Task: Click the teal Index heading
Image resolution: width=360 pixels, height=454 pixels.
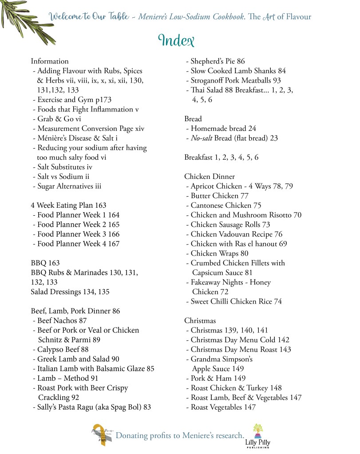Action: (176, 40)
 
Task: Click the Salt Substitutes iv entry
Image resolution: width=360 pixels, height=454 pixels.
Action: (63, 167)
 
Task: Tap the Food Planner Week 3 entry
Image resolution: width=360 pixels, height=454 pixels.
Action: (76, 234)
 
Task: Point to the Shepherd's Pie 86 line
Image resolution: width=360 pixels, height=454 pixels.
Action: (215, 61)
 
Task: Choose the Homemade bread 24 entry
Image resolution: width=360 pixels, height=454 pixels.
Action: (221, 129)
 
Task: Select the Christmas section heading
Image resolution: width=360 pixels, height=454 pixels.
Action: (200, 320)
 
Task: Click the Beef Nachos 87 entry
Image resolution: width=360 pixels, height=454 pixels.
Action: (59, 320)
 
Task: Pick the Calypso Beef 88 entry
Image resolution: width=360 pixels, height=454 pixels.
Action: (60, 349)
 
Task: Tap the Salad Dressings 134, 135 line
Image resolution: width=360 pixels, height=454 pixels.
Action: (70, 292)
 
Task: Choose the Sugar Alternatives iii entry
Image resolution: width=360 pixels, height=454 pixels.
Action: (67, 186)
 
